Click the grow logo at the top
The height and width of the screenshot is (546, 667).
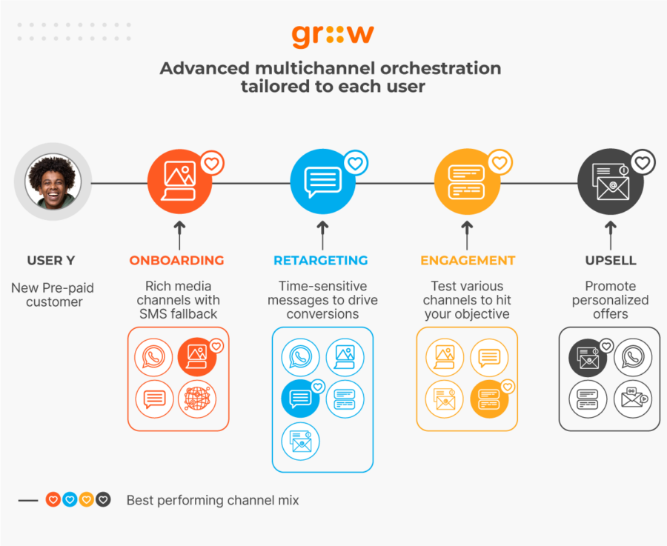(x=332, y=35)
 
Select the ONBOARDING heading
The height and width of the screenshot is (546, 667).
(x=176, y=261)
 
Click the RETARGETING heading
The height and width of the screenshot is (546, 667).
(x=321, y=261)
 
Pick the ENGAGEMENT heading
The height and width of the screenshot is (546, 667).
(x=467, y=261)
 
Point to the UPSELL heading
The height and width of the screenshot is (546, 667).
(x=610, y=261)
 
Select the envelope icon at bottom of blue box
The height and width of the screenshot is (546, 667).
(x=300, y=442)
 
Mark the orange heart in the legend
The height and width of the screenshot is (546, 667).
(x=53, y=500)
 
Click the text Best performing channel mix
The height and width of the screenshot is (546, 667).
(x=213, y=500)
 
